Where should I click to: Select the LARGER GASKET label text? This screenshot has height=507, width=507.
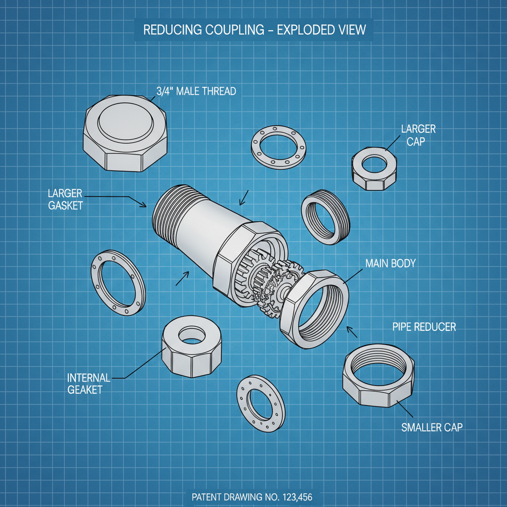(x=66, y=199)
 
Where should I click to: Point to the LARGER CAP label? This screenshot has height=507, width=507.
(x=418, y=135)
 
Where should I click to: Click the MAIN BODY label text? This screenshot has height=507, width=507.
(x=390, y=263)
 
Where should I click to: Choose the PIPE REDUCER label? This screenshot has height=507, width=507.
(x=424, y=327)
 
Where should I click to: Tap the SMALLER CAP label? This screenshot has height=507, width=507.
(x=431, y=427)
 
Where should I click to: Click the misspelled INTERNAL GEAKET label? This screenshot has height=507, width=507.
(x=85, y=384)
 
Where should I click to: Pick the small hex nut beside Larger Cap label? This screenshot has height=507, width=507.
(x=375, y=169)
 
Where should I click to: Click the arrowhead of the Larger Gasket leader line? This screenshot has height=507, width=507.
(x=145, y=205)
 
